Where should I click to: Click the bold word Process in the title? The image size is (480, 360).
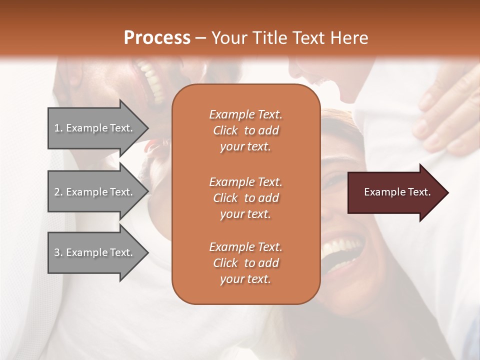(157, 37)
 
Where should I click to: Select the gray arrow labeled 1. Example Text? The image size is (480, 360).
(95, 128)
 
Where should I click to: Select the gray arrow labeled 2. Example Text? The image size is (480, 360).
(95, 192)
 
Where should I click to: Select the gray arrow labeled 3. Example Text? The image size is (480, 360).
(95, 252)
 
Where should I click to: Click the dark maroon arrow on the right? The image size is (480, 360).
(395, 192)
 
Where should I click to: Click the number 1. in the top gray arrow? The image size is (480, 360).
(58, 128)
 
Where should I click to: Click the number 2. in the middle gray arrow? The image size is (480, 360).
(58, 192)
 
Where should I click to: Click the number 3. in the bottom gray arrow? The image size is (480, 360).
(58, 252)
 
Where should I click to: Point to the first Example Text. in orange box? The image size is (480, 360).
(245, 114)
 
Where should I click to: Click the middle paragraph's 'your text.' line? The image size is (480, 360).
(245, 214)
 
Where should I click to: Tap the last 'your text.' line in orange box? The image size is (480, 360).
(245, 279)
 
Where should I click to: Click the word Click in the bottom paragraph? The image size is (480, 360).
(225, 263)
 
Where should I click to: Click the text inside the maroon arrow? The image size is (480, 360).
(397, 192)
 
